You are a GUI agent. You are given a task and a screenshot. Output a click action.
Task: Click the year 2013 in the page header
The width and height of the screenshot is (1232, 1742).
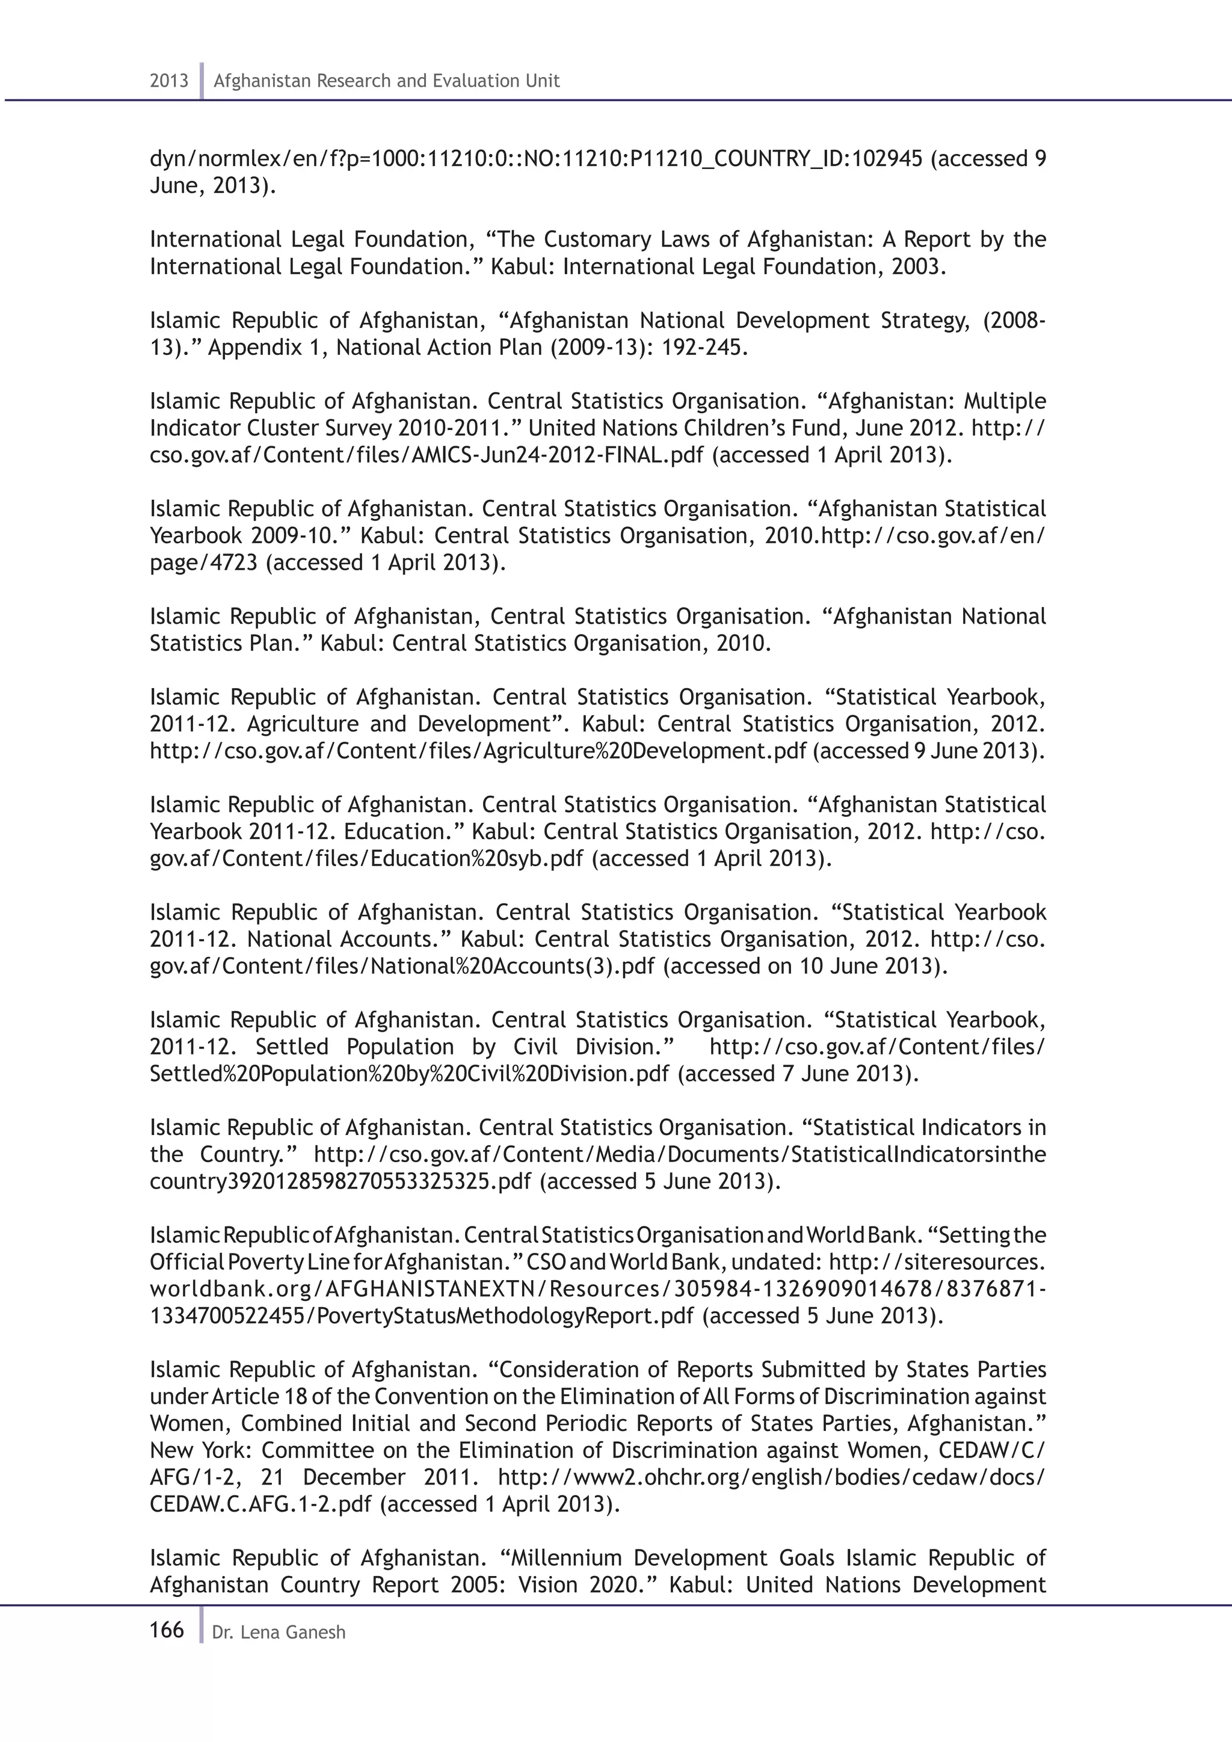coord(169,81)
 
